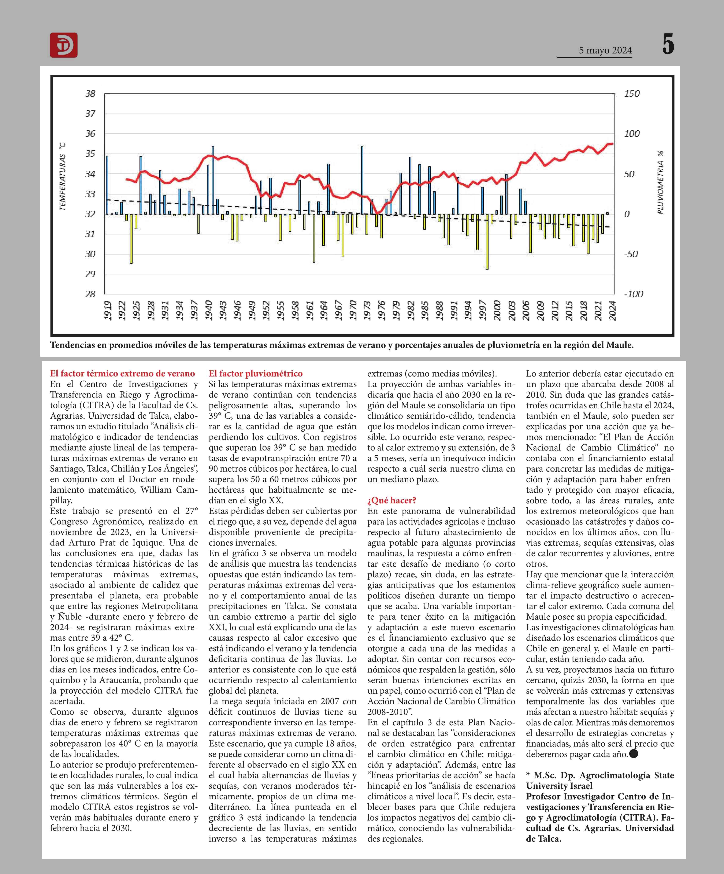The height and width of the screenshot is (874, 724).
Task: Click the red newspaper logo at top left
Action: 64,45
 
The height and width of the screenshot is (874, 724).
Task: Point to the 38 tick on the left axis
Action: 90,94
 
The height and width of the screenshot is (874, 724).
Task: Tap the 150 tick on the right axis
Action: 632,94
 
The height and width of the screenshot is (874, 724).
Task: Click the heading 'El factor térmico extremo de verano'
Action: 122,373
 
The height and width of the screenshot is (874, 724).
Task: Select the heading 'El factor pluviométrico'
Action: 256,373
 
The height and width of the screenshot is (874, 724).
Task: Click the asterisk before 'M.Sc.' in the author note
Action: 528,775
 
